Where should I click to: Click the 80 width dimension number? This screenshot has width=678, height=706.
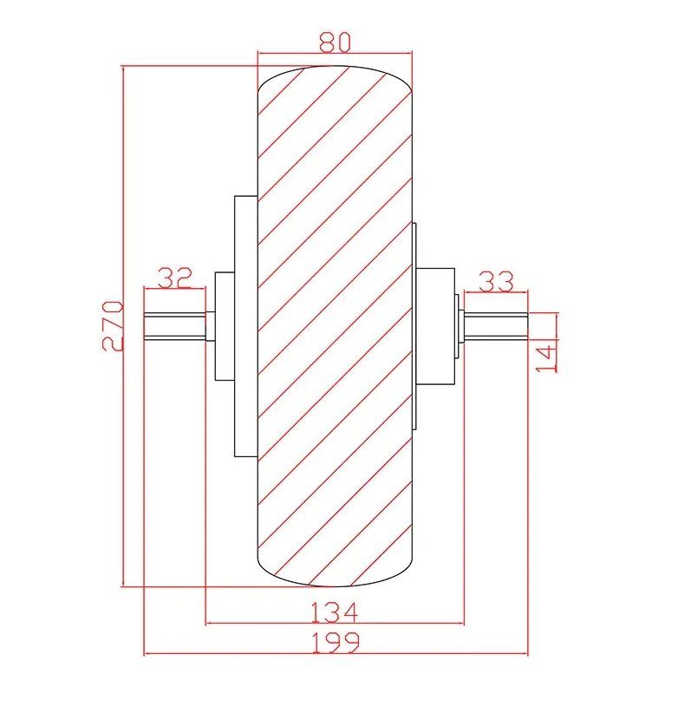(x=335, y=42)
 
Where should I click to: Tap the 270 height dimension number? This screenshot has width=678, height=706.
(x=113, y=326)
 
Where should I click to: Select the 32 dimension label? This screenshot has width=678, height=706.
(x=174, y=278)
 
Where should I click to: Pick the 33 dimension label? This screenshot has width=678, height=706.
(x=496, y=281)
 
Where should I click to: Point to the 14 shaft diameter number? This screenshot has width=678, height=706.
(x=546, y=358)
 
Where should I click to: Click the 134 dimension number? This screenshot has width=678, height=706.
(x=335, y=612)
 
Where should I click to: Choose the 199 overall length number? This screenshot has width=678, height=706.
(x=336, y=643)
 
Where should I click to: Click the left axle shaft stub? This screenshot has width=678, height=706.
(x=174, y=326)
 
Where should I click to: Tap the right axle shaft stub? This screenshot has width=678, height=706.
(x=496, y=326)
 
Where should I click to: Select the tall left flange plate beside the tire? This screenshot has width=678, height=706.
(x=246, y=326)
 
